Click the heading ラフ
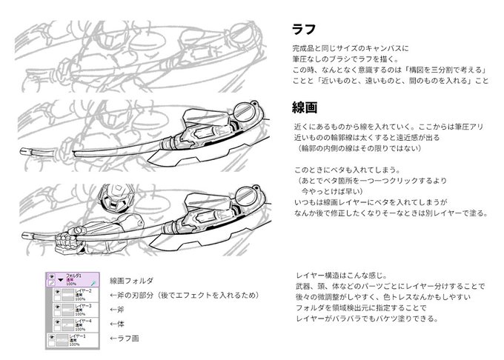click(x=305, y=30)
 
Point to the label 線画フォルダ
click(x=131, y=281)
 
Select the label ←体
click(x=117, y=324)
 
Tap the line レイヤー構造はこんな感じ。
click(x=340, y=275)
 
